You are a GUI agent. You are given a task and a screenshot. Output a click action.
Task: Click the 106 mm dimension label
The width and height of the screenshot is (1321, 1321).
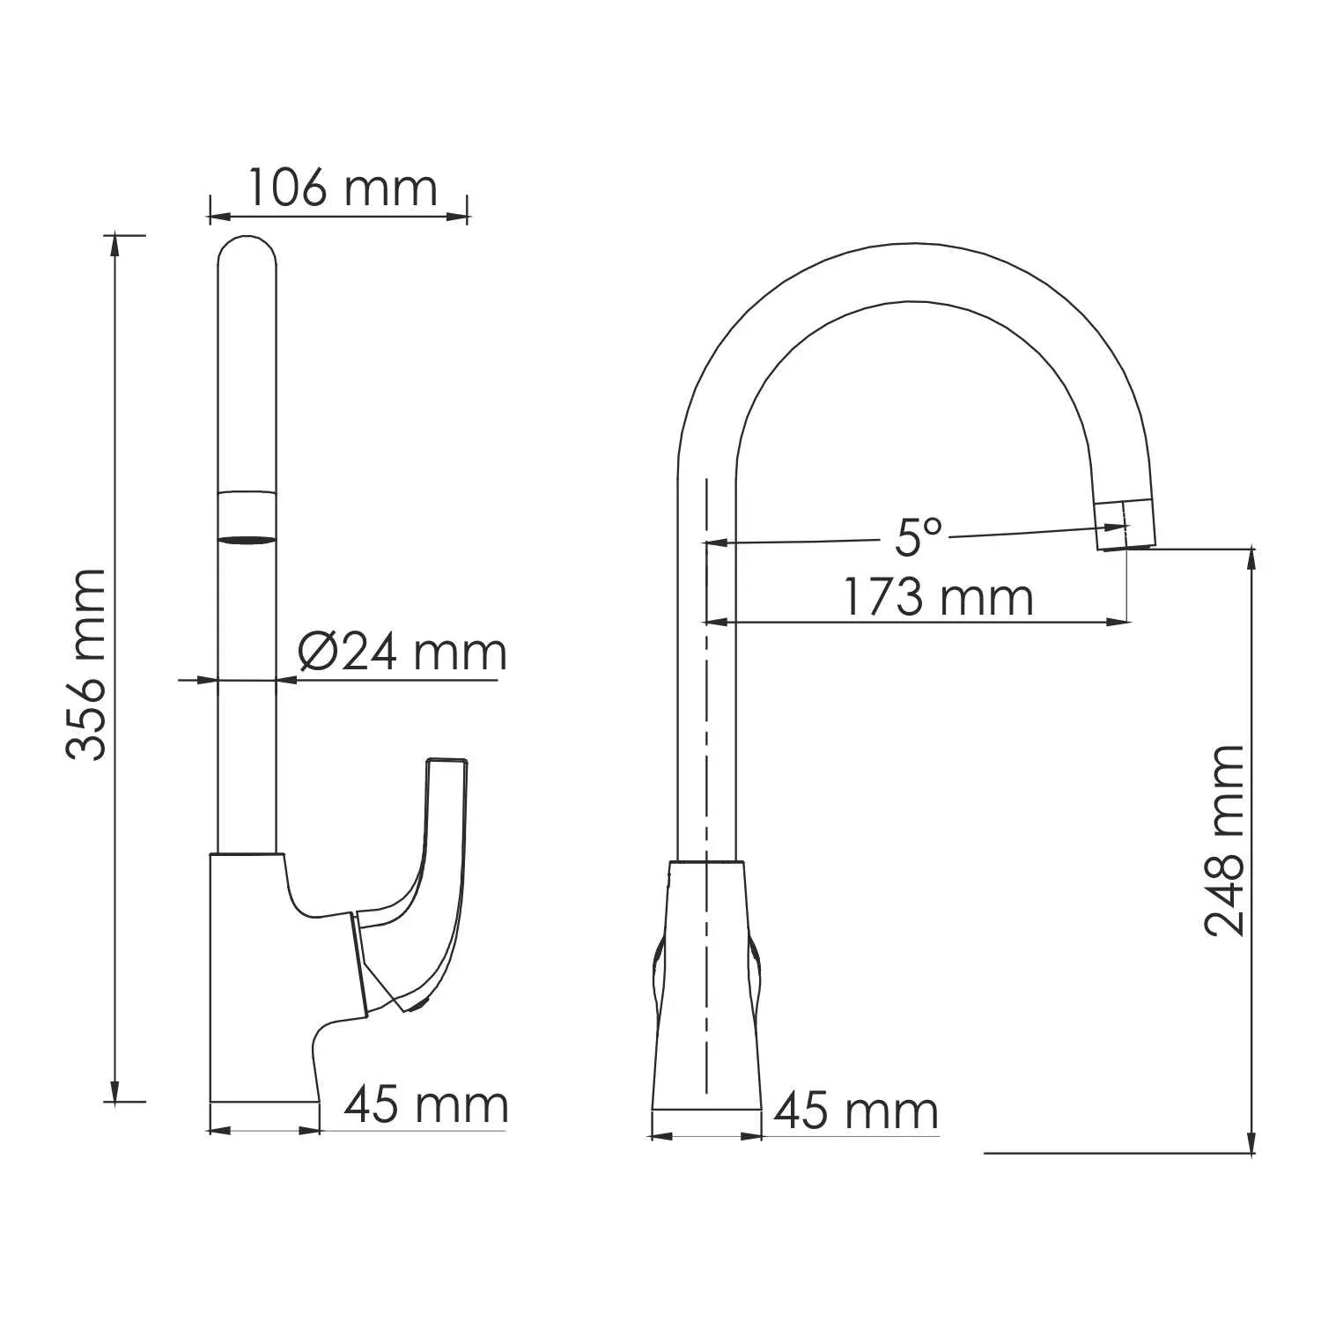pos(342,188)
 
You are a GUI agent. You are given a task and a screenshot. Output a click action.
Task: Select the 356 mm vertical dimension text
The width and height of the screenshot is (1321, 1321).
pos(86,664)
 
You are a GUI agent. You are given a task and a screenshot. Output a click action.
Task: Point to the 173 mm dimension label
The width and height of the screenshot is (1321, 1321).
pos(939,597)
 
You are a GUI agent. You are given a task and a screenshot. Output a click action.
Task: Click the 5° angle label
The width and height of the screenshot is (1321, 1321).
pos(919,536)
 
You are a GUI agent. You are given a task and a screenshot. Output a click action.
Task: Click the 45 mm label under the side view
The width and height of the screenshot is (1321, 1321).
pos(426,1104)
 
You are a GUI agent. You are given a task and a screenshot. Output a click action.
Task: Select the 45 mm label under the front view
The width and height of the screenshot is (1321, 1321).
pos(856,1111)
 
